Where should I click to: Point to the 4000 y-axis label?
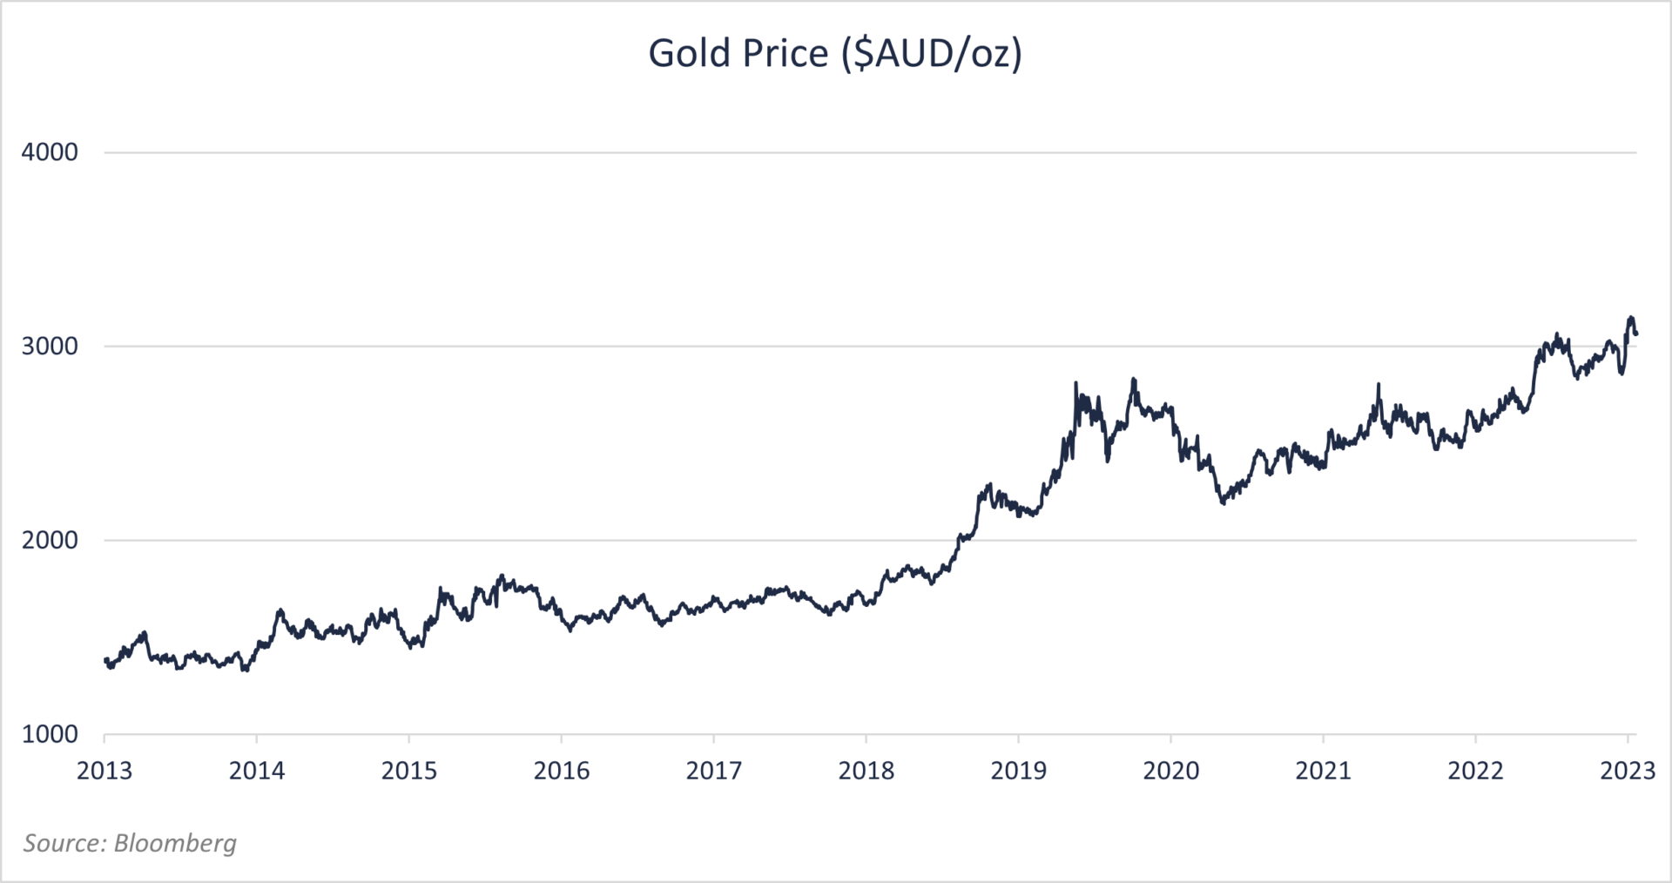click(50, 152)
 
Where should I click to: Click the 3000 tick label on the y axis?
click(50, 347)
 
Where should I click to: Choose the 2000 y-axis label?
click(50, 541)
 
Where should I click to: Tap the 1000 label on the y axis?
click(50, 735)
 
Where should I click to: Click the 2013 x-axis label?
click(104, 772)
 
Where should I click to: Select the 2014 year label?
click(257, 772)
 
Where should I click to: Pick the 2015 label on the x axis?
click(409, 772)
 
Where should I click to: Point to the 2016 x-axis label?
click(562, 772)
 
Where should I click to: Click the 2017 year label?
click(714, 772)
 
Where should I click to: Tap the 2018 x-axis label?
click(866, 772)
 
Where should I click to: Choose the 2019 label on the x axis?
click(1019, 772)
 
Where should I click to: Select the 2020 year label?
click(1171, 772)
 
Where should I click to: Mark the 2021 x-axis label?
click(1324, 772)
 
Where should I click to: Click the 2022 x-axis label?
click(1476, 772)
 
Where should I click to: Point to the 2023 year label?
click(1628, 772)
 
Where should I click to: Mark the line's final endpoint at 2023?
click(1636, 334)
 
